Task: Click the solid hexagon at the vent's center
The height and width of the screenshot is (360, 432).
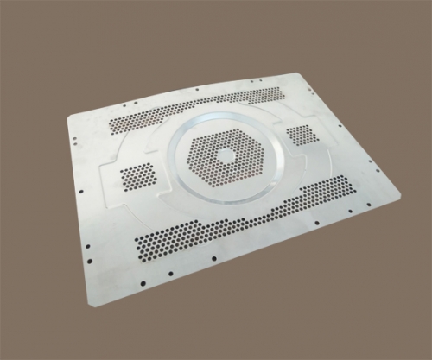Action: pyautogui.click(x=226, y=155)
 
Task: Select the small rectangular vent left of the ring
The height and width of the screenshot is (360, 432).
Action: pyautogui.click(x=137, y=176)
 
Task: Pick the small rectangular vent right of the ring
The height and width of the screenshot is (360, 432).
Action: pyautogui.click(x=301, y=135)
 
